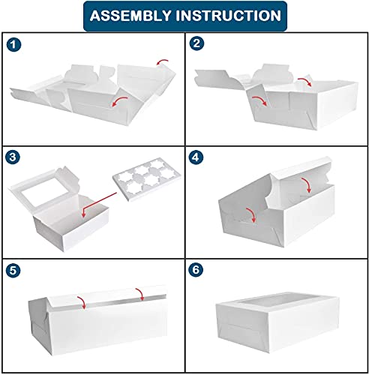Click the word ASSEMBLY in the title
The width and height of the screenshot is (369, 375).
(x=130, y=16)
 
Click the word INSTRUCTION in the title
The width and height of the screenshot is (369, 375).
(x=228, y=16)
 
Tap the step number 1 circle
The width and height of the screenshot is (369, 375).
(x=13, y=45)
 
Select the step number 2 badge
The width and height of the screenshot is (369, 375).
(x=196, y=43)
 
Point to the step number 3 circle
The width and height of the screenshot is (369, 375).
(x=13, y=157)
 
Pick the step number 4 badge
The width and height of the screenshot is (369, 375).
(x=196, y=157)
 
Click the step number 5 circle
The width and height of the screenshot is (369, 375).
(x=13, y=270)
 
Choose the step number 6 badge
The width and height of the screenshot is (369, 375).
(x=196, y=270)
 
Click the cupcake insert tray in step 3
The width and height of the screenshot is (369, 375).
(x=147, y=179)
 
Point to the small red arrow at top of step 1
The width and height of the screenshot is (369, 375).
(x=162, y=61)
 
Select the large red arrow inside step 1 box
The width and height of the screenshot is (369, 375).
(x=119, y=100)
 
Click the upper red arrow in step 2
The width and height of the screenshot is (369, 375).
(x=305, y=80)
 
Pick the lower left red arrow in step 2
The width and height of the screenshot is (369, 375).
(x=260, y=100)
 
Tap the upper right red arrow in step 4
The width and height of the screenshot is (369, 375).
(x=307, y=184)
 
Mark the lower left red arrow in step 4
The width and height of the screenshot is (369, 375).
(x=251, y=214)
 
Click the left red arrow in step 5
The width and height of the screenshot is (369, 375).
(x=82, y=301)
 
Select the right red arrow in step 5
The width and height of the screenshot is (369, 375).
(x=140, y=293)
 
